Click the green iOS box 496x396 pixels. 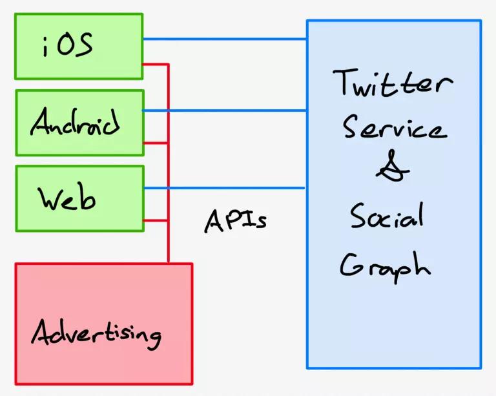(79, 46)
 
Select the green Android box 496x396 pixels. (80, 123)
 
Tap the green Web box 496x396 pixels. (80, 198)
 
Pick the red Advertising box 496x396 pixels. (104, 324)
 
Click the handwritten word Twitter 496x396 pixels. (393, 82)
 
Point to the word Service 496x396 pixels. (395, 127)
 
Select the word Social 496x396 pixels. (387, 216)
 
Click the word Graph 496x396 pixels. (386, 267)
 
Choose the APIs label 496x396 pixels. (236, 221)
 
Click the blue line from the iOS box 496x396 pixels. (225, 39)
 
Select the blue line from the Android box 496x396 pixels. (224, 110)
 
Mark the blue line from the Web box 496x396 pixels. (224, 188)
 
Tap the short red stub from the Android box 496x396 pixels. (156, 143)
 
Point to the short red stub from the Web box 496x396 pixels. (156, 220)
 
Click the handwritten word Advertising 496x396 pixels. (96, 335)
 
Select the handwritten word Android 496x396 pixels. (76, 121)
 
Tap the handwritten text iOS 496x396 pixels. (68, 45)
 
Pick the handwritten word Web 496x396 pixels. (67, 198)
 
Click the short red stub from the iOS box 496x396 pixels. (156, 65)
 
